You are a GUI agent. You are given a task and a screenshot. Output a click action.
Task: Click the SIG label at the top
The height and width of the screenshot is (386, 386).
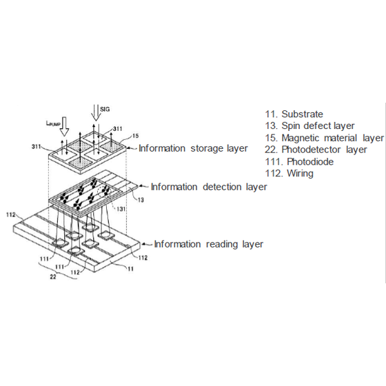(105, 109)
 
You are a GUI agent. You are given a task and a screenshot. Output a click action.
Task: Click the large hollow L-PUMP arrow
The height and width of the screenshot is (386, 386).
(65, 126)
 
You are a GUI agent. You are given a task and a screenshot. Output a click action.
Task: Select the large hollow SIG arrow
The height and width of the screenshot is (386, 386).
(96, 113)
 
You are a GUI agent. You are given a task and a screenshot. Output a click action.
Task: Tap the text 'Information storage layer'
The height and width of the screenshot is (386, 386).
(193, 148)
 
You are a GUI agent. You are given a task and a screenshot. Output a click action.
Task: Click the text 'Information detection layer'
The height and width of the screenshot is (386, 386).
(209, 187)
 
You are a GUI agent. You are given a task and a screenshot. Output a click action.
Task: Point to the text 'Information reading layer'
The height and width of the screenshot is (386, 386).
(208, 244)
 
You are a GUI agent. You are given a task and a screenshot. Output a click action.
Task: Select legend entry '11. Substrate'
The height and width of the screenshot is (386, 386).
(294, 114)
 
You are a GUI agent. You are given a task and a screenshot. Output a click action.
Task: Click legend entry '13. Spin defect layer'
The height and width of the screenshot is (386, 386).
(309, 125)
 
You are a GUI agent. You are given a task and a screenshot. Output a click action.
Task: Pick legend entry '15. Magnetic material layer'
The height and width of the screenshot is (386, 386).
(324, 138)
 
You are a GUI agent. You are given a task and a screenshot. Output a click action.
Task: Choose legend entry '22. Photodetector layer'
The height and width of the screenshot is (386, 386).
(316, 150)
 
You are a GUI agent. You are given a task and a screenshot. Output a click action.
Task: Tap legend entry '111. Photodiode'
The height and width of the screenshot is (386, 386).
(299, 162)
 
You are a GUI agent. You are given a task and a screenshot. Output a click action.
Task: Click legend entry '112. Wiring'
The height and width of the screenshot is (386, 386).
(289, 173)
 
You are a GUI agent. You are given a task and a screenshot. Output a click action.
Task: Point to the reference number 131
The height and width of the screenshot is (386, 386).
(121, 209)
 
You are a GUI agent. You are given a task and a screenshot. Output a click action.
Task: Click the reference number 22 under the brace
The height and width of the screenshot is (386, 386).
(53, 276)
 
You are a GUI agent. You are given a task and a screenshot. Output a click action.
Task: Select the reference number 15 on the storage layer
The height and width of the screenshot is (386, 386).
(135, 136)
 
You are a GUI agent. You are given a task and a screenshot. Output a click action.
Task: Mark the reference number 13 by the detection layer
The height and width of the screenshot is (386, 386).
(141, 200)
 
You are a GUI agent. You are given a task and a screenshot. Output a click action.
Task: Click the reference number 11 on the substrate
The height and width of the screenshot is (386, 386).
(130, 269)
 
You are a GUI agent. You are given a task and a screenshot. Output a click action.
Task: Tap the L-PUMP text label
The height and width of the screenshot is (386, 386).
(53, 123)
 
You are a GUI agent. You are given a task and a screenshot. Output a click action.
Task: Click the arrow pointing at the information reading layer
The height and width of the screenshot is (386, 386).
(148, 245)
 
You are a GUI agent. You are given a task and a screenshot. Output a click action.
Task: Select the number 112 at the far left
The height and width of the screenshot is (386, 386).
(11, 215)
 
